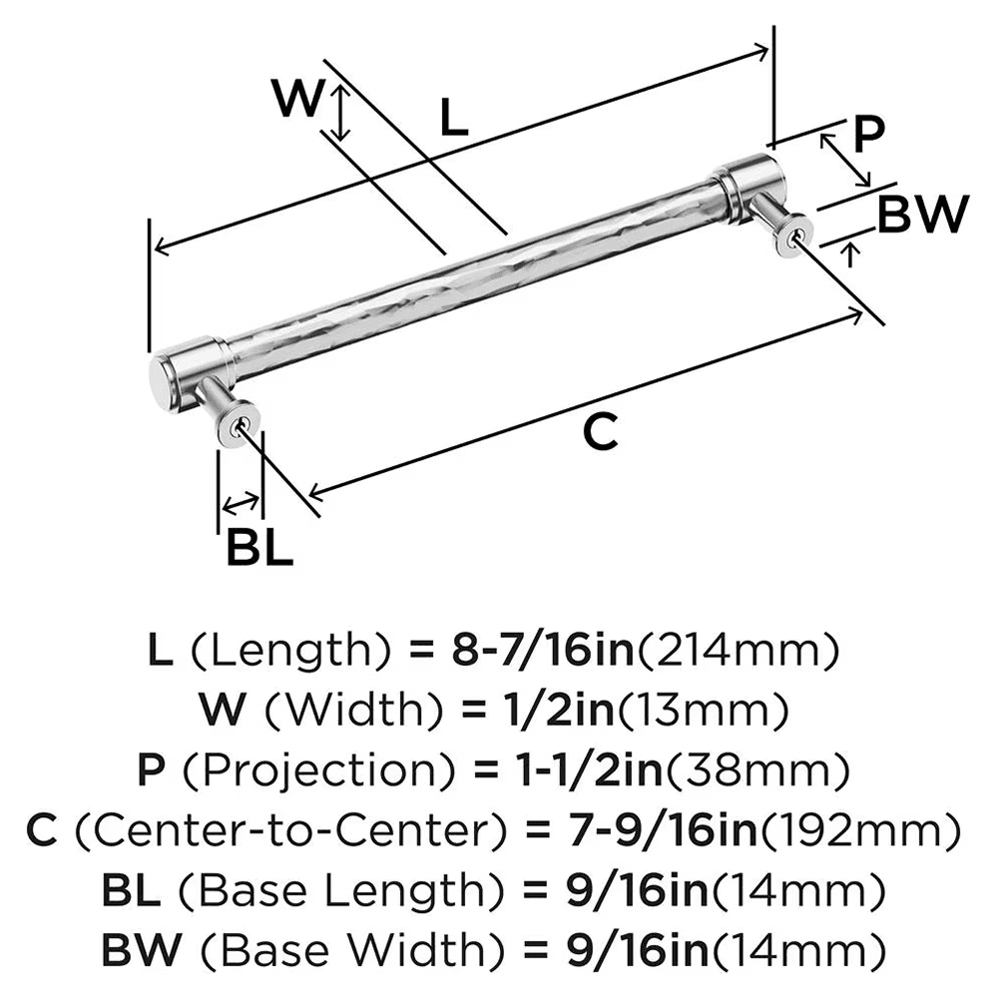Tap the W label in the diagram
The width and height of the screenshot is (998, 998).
click(x=298, y=100)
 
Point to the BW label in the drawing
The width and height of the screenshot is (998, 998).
click(x=922, y=214)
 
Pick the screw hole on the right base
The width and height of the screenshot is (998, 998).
click(x=795, y=237)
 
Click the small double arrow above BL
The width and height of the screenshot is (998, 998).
click(x=240, y=502)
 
